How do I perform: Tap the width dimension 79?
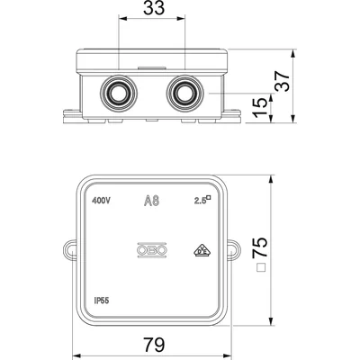point(153,344)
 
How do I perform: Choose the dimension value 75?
point(261,244)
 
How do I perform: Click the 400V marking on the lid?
point(103,201)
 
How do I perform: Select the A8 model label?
point(152,201)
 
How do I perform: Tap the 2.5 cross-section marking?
point(200,201)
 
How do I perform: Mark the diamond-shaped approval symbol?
point(199,251)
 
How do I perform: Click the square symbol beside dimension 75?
point(260,267)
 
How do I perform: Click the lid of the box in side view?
point(152,61)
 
